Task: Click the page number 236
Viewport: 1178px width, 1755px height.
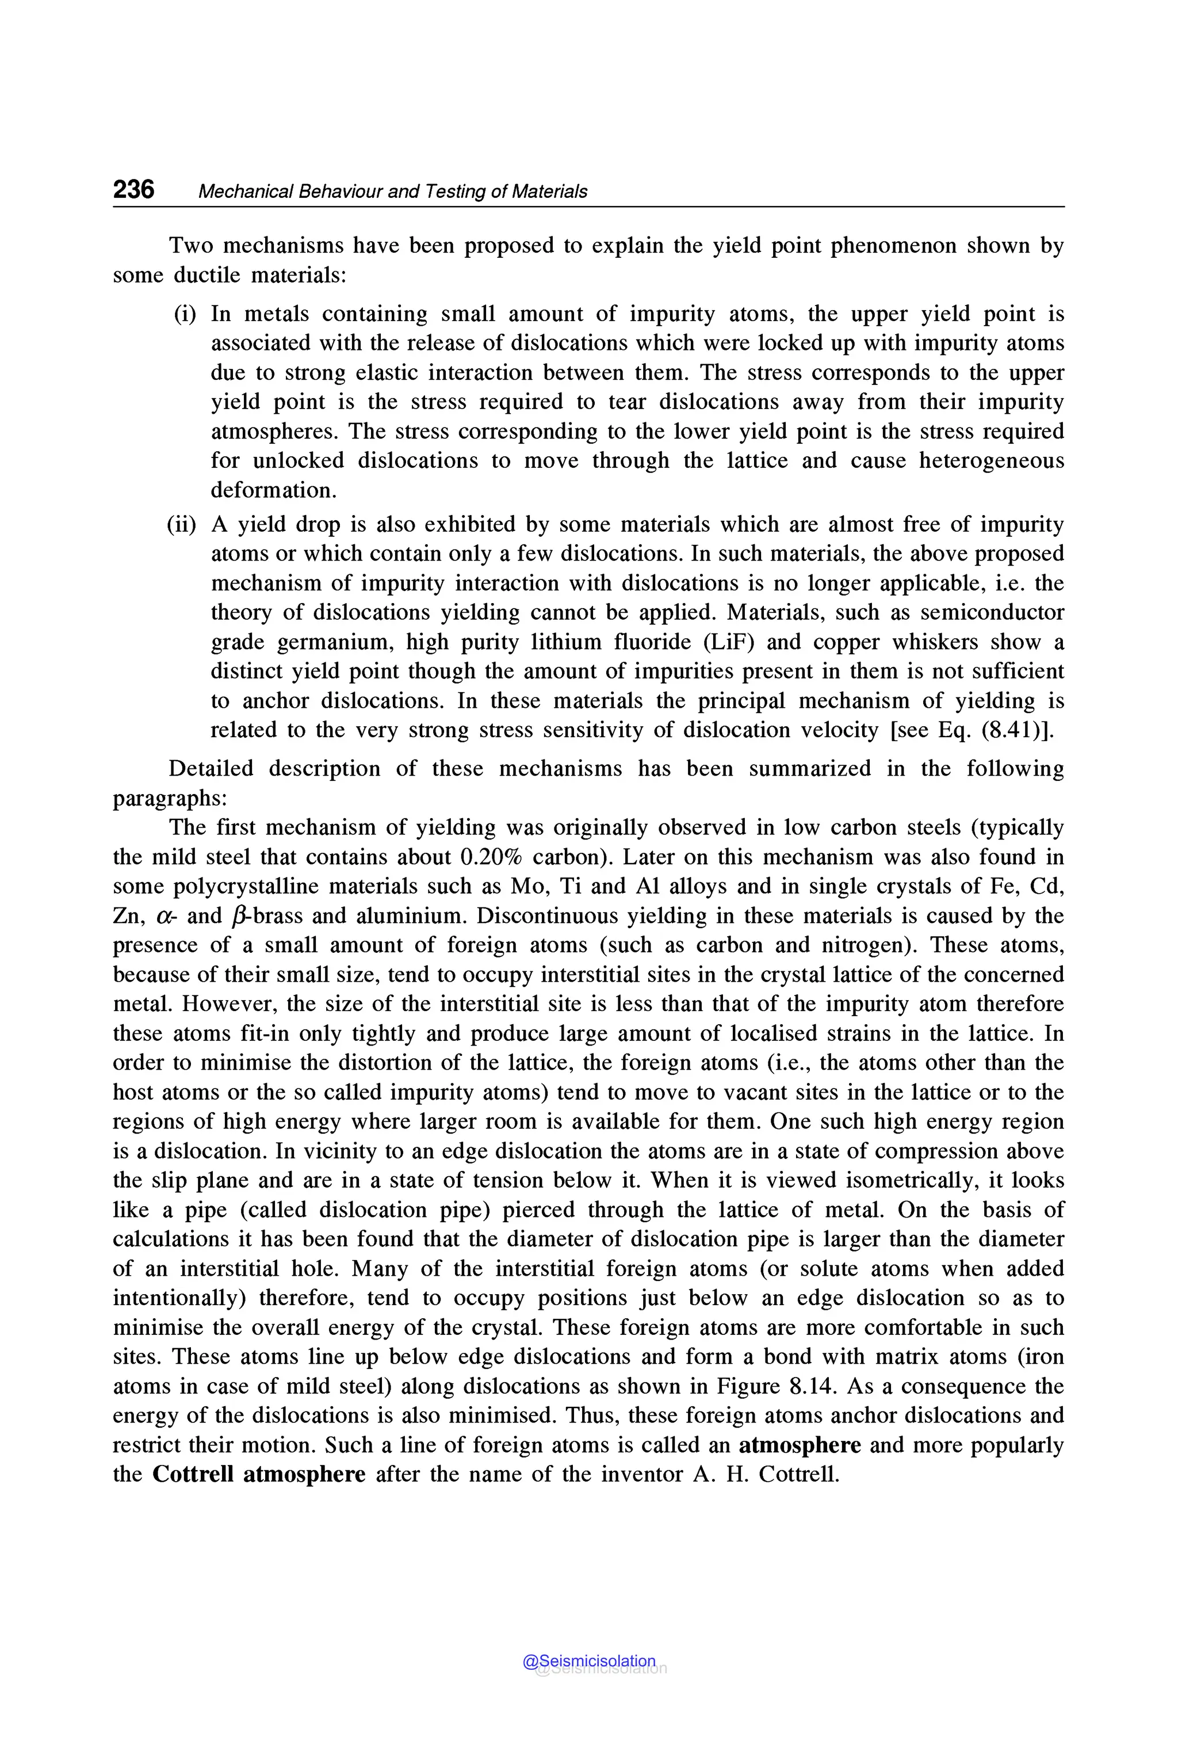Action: (133, 189)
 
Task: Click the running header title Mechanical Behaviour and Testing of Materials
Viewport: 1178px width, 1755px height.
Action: (392, 192)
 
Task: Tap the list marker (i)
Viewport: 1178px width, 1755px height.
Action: (185, 314)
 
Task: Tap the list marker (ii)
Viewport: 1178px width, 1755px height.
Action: (182, 524)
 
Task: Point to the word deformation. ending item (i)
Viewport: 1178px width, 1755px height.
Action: (273, 490)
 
